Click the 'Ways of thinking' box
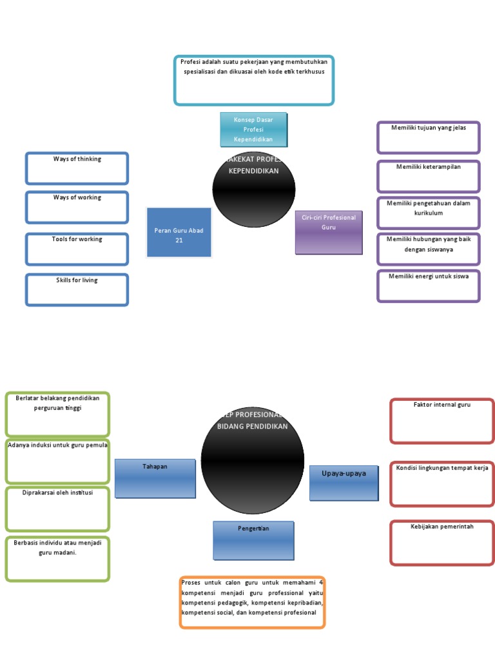tap(77, 168)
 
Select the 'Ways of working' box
tap(77, 207)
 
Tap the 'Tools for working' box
tap(77, 249)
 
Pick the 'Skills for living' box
tap(77, 289)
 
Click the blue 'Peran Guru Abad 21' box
tap(179, 233)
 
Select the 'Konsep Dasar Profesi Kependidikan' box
tap(253, 130)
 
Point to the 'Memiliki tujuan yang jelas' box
tap(429, 137)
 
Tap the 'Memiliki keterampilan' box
tap(429, 176)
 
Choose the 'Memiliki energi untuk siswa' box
tap(429, 286)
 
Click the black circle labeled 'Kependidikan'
tap(254, 189)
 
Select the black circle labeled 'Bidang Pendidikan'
tap(253, 460)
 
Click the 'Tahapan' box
tap(155, 478)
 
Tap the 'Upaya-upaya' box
tap(344, 483)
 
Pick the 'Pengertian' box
tap(253, 541)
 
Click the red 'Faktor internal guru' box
tap(442, 421)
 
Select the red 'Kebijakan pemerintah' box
tap(442, 543)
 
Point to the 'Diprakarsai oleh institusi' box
tap(57, 509)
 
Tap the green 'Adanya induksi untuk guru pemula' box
tap(57, 461)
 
